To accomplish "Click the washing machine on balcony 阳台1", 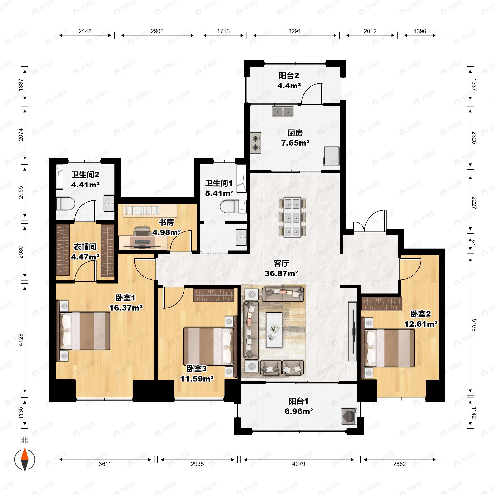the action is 349,416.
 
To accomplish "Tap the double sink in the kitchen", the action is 283,112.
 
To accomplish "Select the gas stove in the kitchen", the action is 256,143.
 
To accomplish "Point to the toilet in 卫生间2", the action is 65,204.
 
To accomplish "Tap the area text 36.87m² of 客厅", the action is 281,273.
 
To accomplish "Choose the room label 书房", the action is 166,222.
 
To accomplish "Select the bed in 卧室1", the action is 84,331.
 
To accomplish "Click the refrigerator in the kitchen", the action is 331,156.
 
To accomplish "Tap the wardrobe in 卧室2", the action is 382,304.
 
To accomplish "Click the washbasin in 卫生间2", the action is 109,203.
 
